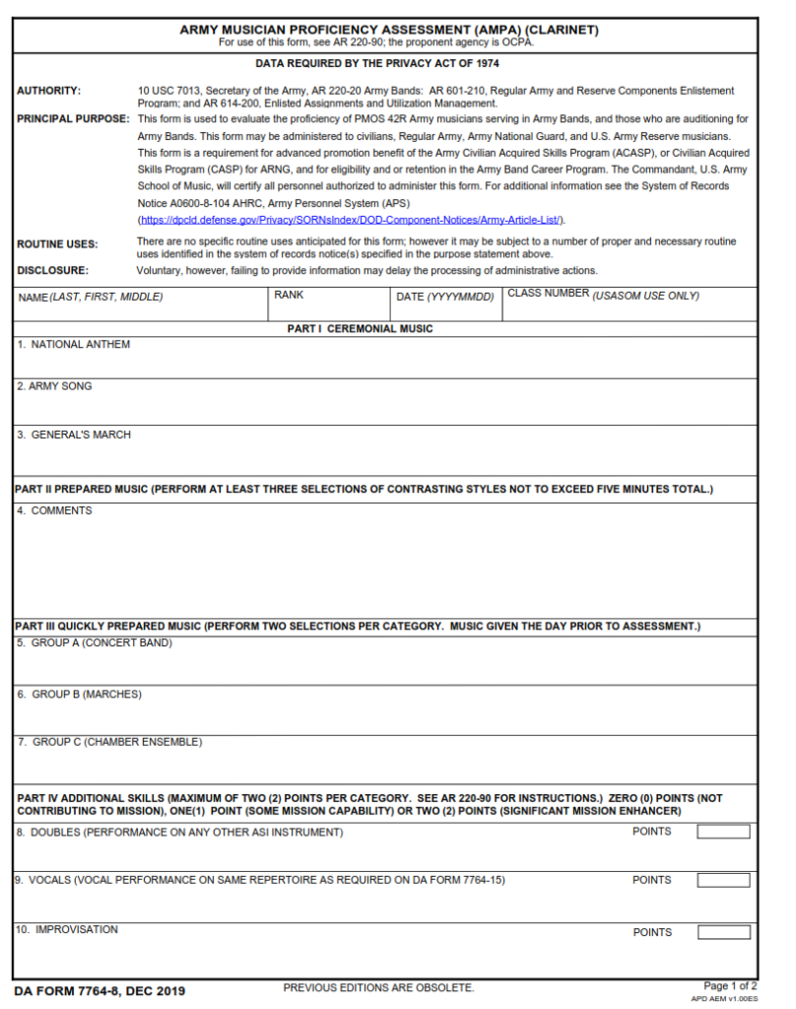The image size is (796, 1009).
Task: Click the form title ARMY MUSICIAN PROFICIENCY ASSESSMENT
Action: pyautogui.click(x=388, y=30)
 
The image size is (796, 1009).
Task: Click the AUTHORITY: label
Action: pyautogui.click(x=48, y=91)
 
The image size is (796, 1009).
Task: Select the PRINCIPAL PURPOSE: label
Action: pyautogui.click(x=73, y=119)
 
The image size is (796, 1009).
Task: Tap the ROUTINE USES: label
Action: pyautogui.click(x=56, y=244)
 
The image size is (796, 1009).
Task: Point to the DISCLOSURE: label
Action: pyautogui.click(x=52, y=270)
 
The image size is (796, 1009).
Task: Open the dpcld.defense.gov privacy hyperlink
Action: pyautogui.click(x=351, y=220)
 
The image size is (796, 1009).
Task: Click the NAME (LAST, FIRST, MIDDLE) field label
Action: pyautogui.click(x=91, y=297)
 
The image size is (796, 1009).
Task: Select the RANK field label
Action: pyautogui.click(x=289, y=295)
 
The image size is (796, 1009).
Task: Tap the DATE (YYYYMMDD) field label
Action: pyautogui.click(x=444, y=297)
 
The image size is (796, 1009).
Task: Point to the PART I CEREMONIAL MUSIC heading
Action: pyautogui.click(x=360, y=329)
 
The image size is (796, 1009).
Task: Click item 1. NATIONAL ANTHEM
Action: pyautogui.click(x=74, y=345)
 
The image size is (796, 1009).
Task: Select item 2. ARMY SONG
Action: pyautogui.click(x=54, y=386)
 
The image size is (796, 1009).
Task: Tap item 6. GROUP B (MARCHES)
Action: pyautogui.click(x=79, y=694)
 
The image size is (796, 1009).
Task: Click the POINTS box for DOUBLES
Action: pyautogui.click(x=723, y=832)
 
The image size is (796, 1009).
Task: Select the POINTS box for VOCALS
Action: pyautogui.click(x=723, y=880)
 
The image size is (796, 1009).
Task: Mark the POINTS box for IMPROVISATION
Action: pyautogui.click(x=723, y=932)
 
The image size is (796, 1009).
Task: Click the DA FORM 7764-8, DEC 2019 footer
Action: pyautogui.click(x=99, y=990)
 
